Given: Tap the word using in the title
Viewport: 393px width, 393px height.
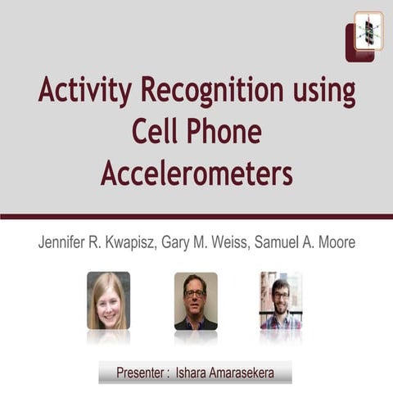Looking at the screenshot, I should pos(327,93).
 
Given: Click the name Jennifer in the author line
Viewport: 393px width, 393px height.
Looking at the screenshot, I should pos(65,244).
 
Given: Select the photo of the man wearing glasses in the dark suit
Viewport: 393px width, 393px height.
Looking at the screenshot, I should pos(196,300).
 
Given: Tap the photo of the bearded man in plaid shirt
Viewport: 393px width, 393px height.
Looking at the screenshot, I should pos(281,300).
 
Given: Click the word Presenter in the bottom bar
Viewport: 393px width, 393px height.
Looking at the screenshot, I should pos(142,372).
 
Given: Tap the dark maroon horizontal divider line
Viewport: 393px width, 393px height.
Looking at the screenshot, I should pos(196,216).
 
